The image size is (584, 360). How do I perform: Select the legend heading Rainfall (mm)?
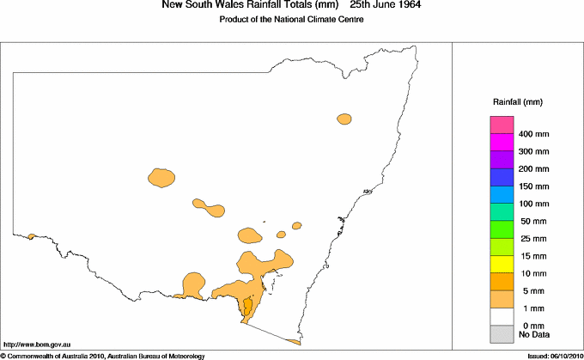517,102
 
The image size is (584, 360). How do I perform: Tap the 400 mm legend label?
534,134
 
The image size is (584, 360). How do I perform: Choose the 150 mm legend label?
534,186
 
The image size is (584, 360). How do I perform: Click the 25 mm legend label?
534,238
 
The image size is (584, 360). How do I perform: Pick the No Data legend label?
534,333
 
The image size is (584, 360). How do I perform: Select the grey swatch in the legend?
501,333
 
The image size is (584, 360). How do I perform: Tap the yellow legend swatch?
501,264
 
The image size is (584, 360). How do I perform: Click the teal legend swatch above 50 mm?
501,212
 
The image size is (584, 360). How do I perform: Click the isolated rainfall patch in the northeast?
345,119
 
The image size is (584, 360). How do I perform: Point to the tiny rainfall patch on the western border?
31,236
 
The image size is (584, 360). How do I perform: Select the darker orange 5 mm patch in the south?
247,306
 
